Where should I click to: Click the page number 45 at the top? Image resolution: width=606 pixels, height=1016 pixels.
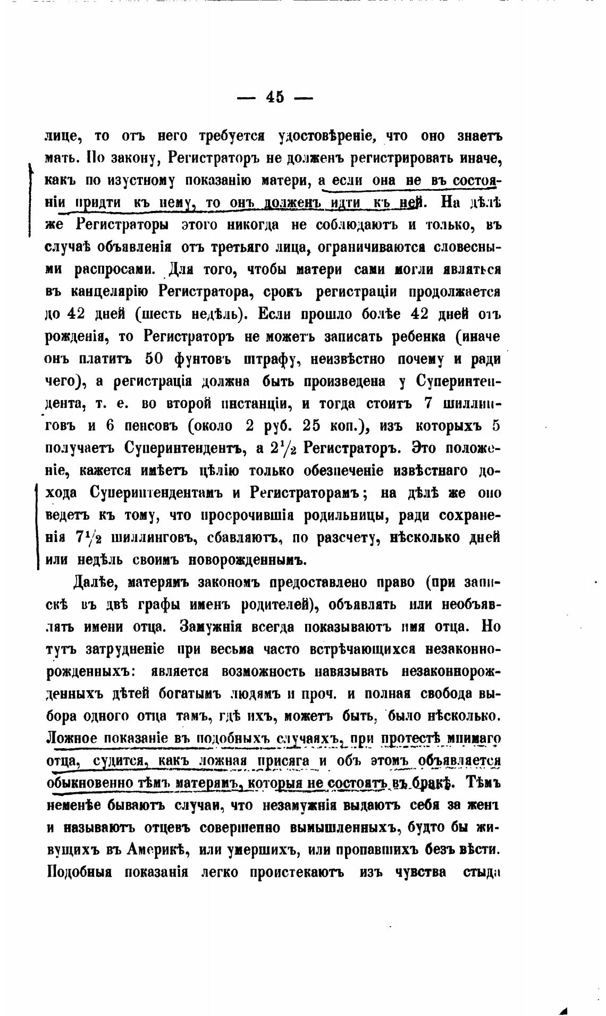[x=275, y=97]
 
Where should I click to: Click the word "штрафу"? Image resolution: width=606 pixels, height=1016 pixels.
[x=268, y=360]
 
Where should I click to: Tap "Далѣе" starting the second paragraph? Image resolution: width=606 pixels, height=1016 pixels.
[x=97, y=582]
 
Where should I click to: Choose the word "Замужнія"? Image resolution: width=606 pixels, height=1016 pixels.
[x=211, y=627]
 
